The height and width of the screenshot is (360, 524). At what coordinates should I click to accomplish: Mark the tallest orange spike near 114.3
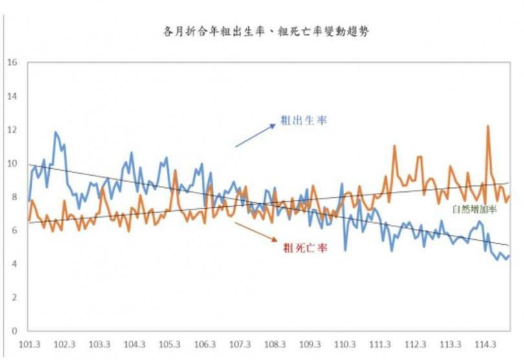click(487, 127)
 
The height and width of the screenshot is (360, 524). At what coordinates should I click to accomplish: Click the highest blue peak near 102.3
click(56, 132)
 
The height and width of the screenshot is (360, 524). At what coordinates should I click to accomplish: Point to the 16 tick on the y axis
click(11, 63)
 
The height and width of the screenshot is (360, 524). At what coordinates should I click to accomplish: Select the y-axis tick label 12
click(11, 130)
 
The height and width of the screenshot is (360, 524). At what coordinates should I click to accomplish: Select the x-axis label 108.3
click(275, 344)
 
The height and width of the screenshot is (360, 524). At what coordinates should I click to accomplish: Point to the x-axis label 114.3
click(485, 344)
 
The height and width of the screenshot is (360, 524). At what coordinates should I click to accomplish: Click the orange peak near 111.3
click(395, 147)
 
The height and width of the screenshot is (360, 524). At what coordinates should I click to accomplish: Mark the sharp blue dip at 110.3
click(345, 249)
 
